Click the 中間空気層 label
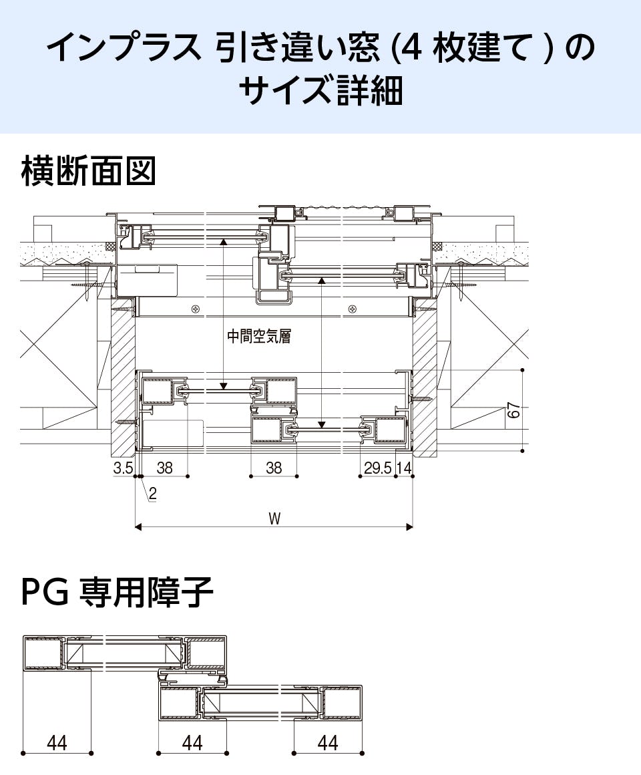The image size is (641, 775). [259, 337]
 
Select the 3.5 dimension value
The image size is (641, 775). [123, 468]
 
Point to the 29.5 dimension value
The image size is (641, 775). [378, 468]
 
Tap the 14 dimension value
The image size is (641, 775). [404, 468]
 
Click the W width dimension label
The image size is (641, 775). [274, 518]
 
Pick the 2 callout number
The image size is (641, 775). [153, 494]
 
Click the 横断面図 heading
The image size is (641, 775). [89, 172]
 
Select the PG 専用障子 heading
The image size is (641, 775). [118, 593]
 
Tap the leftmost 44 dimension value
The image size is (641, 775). [57, 742]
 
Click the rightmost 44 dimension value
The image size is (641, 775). [327, 742]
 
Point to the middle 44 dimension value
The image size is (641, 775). [192, 742]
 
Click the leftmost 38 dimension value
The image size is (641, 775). [164, 468]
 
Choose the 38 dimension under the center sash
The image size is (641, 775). [274, 468]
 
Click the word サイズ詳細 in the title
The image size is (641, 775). [320, 91]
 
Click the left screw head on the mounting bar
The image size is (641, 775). [195, 308]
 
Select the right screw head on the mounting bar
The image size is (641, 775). [352, 308]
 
